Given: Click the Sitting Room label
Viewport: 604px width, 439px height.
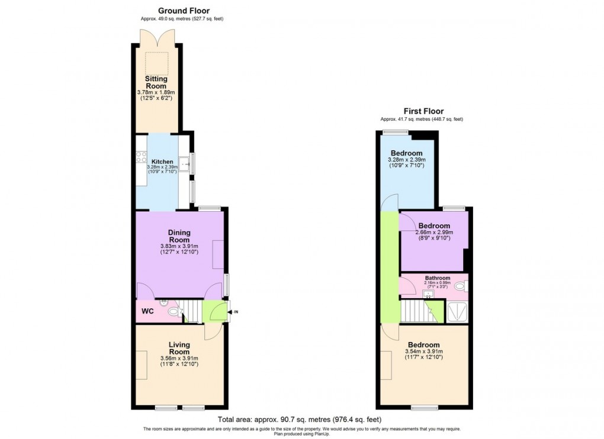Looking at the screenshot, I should click(x=156, y=82).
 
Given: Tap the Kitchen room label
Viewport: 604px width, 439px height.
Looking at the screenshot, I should click(x=162, y=162).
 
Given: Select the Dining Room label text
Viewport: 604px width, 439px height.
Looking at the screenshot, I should click(x=179, y=236).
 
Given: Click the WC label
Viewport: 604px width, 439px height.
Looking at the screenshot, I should click(x=147, y=311).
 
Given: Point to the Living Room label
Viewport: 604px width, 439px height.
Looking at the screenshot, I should click(x=179, y=348).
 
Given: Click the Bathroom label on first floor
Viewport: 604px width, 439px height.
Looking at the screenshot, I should click(x=437, y=278).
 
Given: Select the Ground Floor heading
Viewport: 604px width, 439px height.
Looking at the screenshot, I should click(x=183, y=11).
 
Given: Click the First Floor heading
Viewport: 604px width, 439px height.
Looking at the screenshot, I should click(x=423, y=111).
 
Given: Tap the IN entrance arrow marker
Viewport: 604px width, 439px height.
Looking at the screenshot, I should click(x=234, y=312).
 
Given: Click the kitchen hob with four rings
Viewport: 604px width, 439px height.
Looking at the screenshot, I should click(x=142, y=157).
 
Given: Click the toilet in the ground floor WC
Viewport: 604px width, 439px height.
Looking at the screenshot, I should click(x=174, y=312).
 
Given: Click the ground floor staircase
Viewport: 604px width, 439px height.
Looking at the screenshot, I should click(x=191, y=309).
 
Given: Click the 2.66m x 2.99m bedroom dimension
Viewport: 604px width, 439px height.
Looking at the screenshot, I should click(x=435, y=233).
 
